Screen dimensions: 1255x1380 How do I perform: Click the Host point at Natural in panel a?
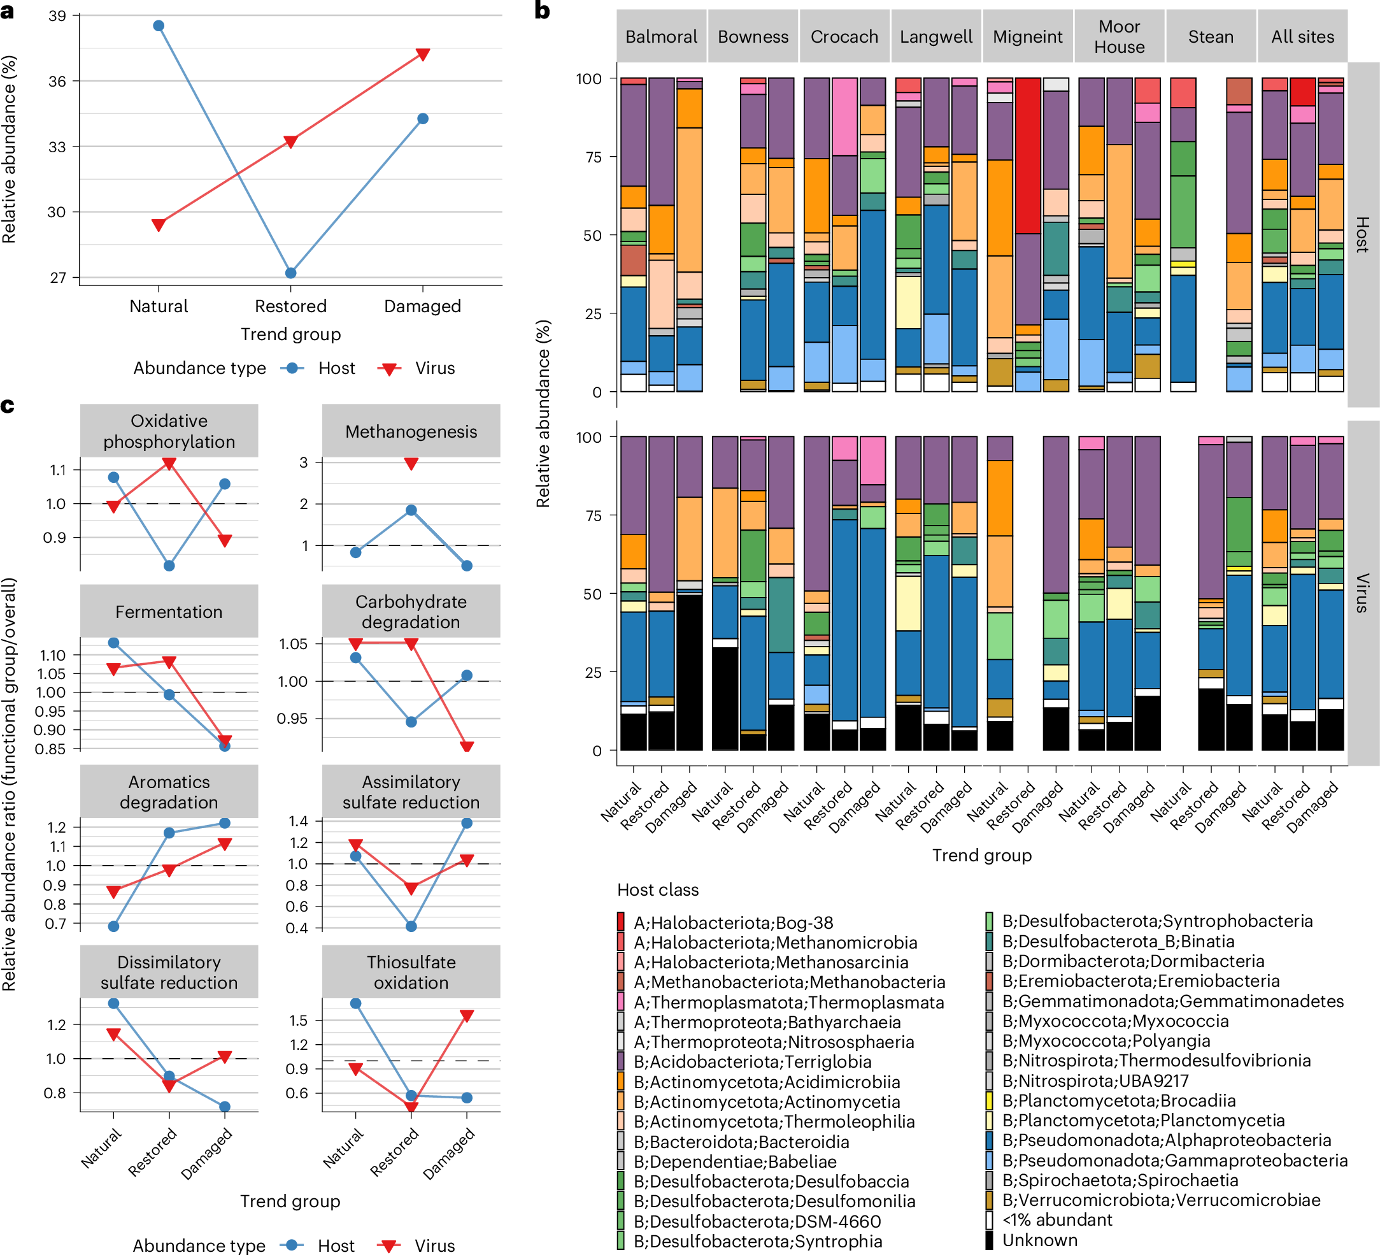(158, 26)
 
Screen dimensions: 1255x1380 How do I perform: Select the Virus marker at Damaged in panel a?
(423, 54)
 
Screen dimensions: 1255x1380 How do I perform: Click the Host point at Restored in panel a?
(291, 273)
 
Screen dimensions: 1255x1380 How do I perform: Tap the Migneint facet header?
(1027, 37)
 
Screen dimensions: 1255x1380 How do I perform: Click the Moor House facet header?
(1119, 37)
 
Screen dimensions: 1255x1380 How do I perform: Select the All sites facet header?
(1302, 37)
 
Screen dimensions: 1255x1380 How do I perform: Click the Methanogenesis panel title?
(411, 431)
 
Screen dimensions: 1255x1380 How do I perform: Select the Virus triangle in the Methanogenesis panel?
(411, 464)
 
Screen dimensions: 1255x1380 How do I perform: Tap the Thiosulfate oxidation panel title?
(411, 972)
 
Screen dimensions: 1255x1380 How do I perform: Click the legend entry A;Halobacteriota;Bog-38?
(732, 922)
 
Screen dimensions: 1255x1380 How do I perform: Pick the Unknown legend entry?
(1039, 1240)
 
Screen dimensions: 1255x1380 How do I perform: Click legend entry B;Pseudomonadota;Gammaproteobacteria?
(1174, 1161)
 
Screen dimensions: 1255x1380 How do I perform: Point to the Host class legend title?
(658, 889)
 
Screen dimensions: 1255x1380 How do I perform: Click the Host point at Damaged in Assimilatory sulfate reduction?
(467, 823)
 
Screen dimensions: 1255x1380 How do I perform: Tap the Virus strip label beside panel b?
(1362, 592)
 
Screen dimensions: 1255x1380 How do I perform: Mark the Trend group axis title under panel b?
(981, 855)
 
